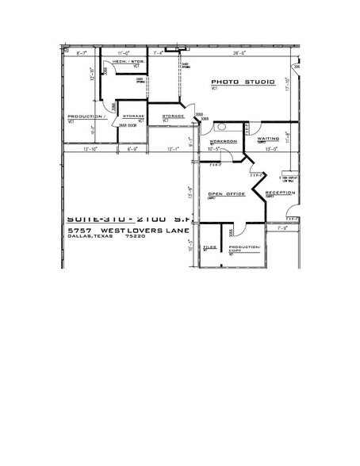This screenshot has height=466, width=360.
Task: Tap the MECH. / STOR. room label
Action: [124, 61]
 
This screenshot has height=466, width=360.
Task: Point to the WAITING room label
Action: [270, 138]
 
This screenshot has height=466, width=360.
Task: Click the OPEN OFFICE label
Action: [224, 193]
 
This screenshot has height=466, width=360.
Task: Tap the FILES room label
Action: [209, 247]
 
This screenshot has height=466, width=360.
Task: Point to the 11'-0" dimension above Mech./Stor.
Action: [124, 53]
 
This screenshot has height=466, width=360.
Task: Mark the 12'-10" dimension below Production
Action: [78, 148]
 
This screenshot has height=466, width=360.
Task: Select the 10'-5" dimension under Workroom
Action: [213, 148]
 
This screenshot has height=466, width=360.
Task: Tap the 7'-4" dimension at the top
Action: [159, 53]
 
